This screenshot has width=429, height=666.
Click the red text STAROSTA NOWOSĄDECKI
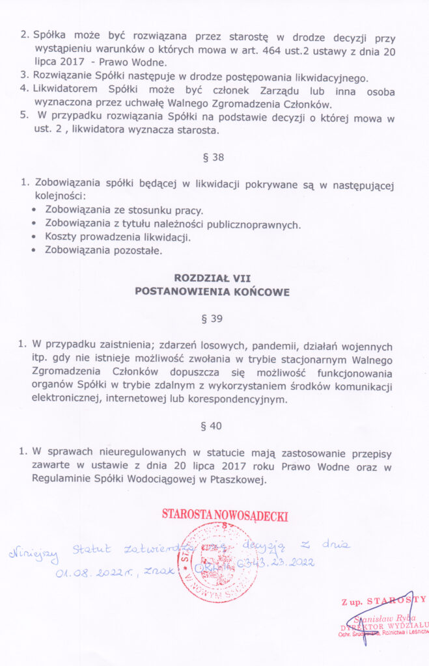click(225, 516)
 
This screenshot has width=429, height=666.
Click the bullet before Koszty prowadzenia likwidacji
click(35, 237)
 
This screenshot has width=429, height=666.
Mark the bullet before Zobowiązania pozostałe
click(35, 250)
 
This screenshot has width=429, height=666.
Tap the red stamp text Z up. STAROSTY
click(383, 600)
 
